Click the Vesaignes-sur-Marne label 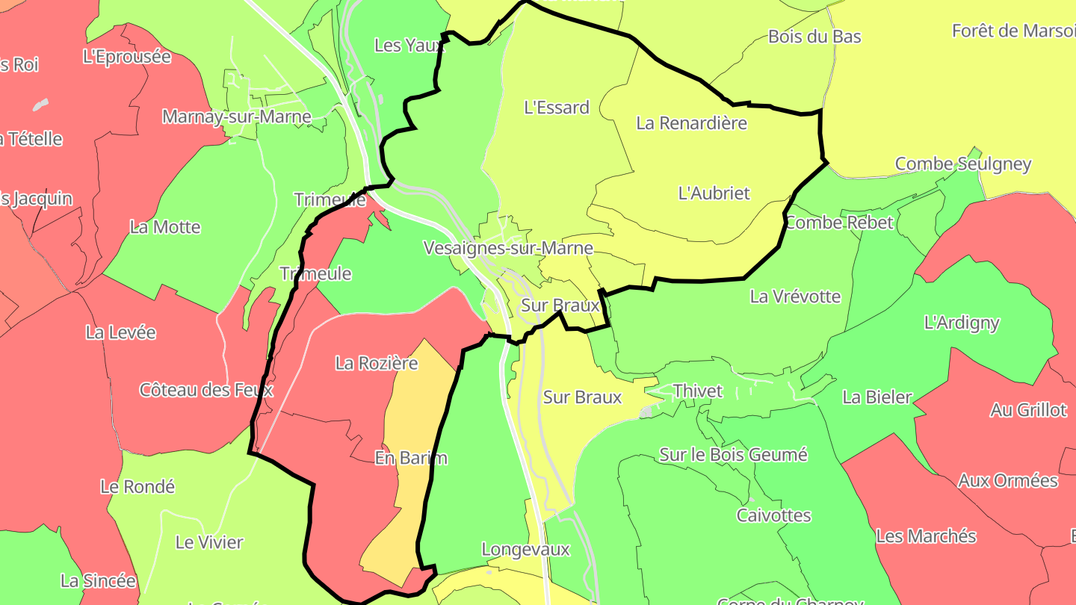[x=508, y=248]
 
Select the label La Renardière [x=691, y=123]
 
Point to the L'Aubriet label [x=714, y=193]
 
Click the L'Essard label [x=557, y=108]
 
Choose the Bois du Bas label [x=814, y=37]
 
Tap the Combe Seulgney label [x=963, y=164]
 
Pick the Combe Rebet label [x=838, y=223]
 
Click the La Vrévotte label [x=795, y=297]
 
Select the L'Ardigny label [x=962, y=323]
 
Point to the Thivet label [x=698, y=391]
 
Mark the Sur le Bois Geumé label [x=733, y=454]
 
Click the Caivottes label [x=773, y=515]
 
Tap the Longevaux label [x=525, y=550]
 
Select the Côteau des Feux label [x=206, y=390]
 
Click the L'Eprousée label [x=127, y=57]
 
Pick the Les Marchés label [x=926, y=536]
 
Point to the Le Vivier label [x=209, y=542]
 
